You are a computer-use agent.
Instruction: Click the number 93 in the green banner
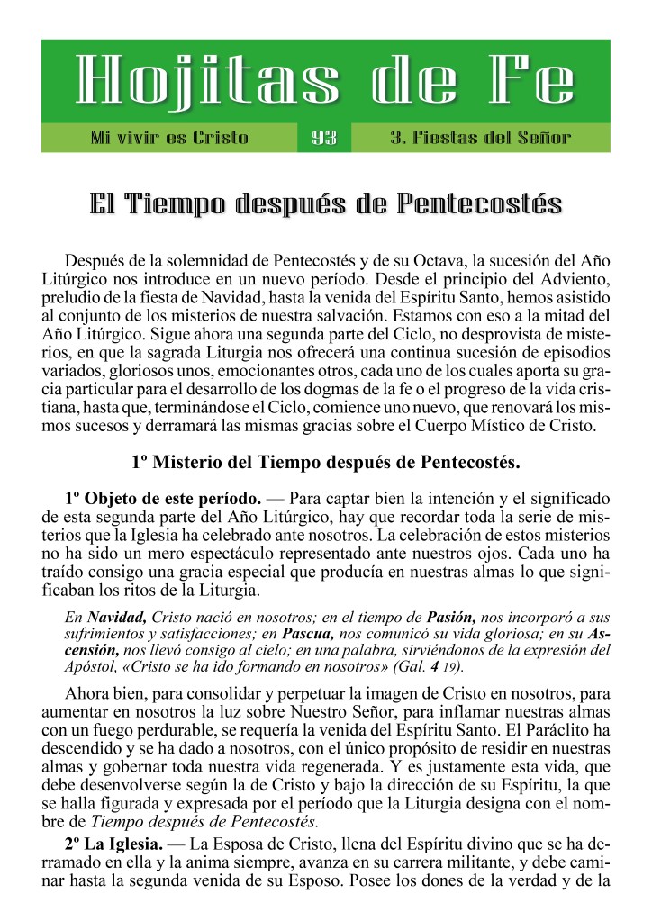324,138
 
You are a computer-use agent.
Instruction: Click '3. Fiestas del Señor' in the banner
480,138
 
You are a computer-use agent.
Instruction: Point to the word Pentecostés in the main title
477,203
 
